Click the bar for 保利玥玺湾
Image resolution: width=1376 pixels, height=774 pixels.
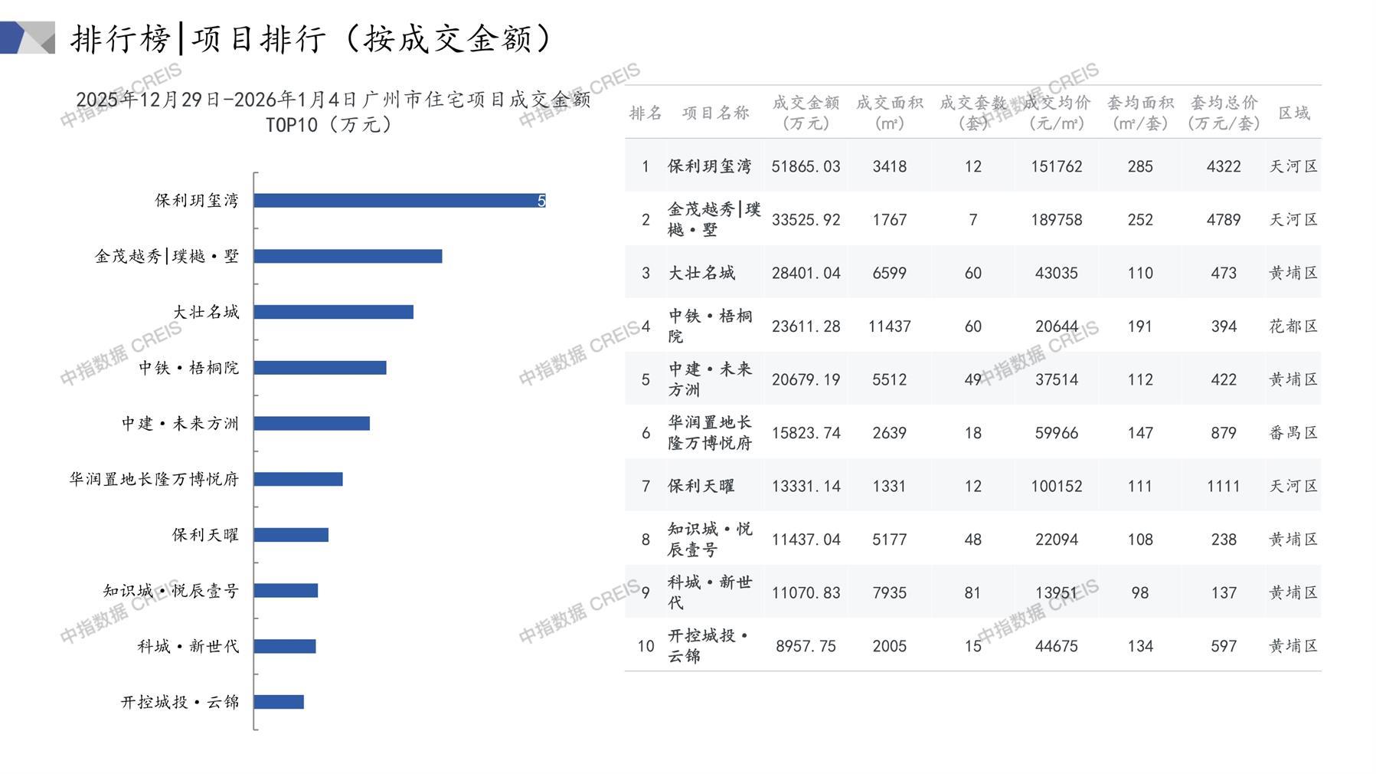pyautogui.click(x=399, y=201)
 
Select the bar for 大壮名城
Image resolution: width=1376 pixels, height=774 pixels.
pyautogui.click(x=333, y=312)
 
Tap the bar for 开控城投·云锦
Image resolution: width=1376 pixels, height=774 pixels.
pyautogui.click(x=279, y=702)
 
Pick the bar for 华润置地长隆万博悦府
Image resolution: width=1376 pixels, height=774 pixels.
pyautogui.click(x=298, y=479)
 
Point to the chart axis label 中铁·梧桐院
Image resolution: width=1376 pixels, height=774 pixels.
pyautogui.click(x=188, y=368)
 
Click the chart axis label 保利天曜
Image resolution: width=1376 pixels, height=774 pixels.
pyautogui.click(x=205, y=535)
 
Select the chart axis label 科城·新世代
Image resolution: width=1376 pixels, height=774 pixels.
pyautogui.click(x=188, y=647)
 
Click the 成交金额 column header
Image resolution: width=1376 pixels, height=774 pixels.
pyautogui.click(x=806, y=113)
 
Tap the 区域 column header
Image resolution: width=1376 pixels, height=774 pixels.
pyautogui.click(x=1293, y=113)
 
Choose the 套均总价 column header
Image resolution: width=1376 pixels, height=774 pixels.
pyautogui.click(x=1223, y=113)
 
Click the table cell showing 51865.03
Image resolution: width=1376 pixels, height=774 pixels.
pyautogui.click(x=806, y=166)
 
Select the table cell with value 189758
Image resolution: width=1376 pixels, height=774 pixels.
pyautogui.click(x=1056, y=220)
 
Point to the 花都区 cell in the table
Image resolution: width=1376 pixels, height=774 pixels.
pyautogui.click(x=1293, y=326)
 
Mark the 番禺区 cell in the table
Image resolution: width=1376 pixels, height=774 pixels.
pyautogui.click(x=1293, y=433)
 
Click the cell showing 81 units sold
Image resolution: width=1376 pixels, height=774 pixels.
pyautogui.click(x=972, y=593)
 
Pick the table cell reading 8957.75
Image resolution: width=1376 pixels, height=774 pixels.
pyautogui.click(x=806, y=646)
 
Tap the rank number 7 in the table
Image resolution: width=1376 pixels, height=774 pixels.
pyautogui.click(x=646, y=486)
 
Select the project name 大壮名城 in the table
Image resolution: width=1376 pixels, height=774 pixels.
pyautogui.click(x=701, y=273)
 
